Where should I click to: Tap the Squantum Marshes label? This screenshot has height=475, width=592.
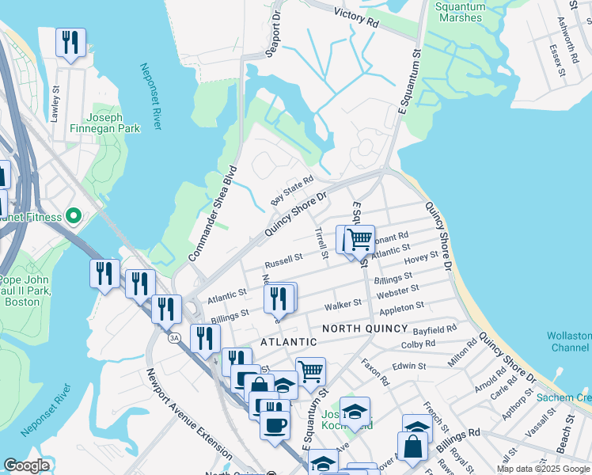[460, 12]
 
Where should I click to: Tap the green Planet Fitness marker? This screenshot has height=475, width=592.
[74, 215]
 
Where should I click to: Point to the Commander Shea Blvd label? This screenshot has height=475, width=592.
[212, 214]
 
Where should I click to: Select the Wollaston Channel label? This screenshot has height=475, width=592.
[568, 342]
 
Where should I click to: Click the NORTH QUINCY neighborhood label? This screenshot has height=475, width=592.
[364, 329]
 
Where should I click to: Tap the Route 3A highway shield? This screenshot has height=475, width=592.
[173, 338]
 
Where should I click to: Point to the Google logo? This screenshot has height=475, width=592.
[26, 465]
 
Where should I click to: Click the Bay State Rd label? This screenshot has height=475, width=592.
[292, 190]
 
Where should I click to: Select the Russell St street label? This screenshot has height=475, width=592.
[283, 259]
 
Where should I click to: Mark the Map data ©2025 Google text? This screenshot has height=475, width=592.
[542, 469]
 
